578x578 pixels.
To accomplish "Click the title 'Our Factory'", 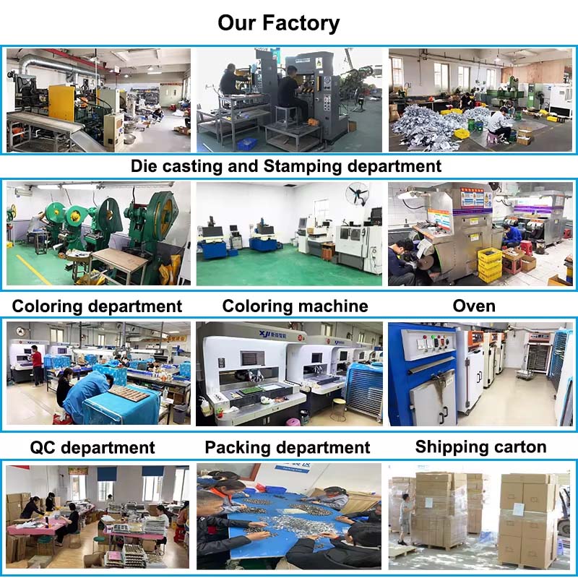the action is pos(278,23).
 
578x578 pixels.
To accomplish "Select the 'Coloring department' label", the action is pos(97,306).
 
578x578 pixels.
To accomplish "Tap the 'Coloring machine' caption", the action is pos(295,306).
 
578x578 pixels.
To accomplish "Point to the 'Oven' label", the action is pos(474,306).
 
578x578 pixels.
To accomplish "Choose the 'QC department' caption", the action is pos(92,447).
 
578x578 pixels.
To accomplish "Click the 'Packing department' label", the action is pos(287,447).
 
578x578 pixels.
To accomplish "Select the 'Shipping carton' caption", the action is pos(480,447).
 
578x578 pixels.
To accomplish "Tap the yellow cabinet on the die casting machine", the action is pos(61,103).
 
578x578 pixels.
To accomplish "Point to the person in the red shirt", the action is pos(37,365).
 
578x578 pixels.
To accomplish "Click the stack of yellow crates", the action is pos(490,264).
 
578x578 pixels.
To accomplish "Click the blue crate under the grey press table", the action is pos(246,144).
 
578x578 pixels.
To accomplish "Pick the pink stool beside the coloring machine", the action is pos(293,422).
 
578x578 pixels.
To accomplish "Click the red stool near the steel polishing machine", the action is pos(526,248).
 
